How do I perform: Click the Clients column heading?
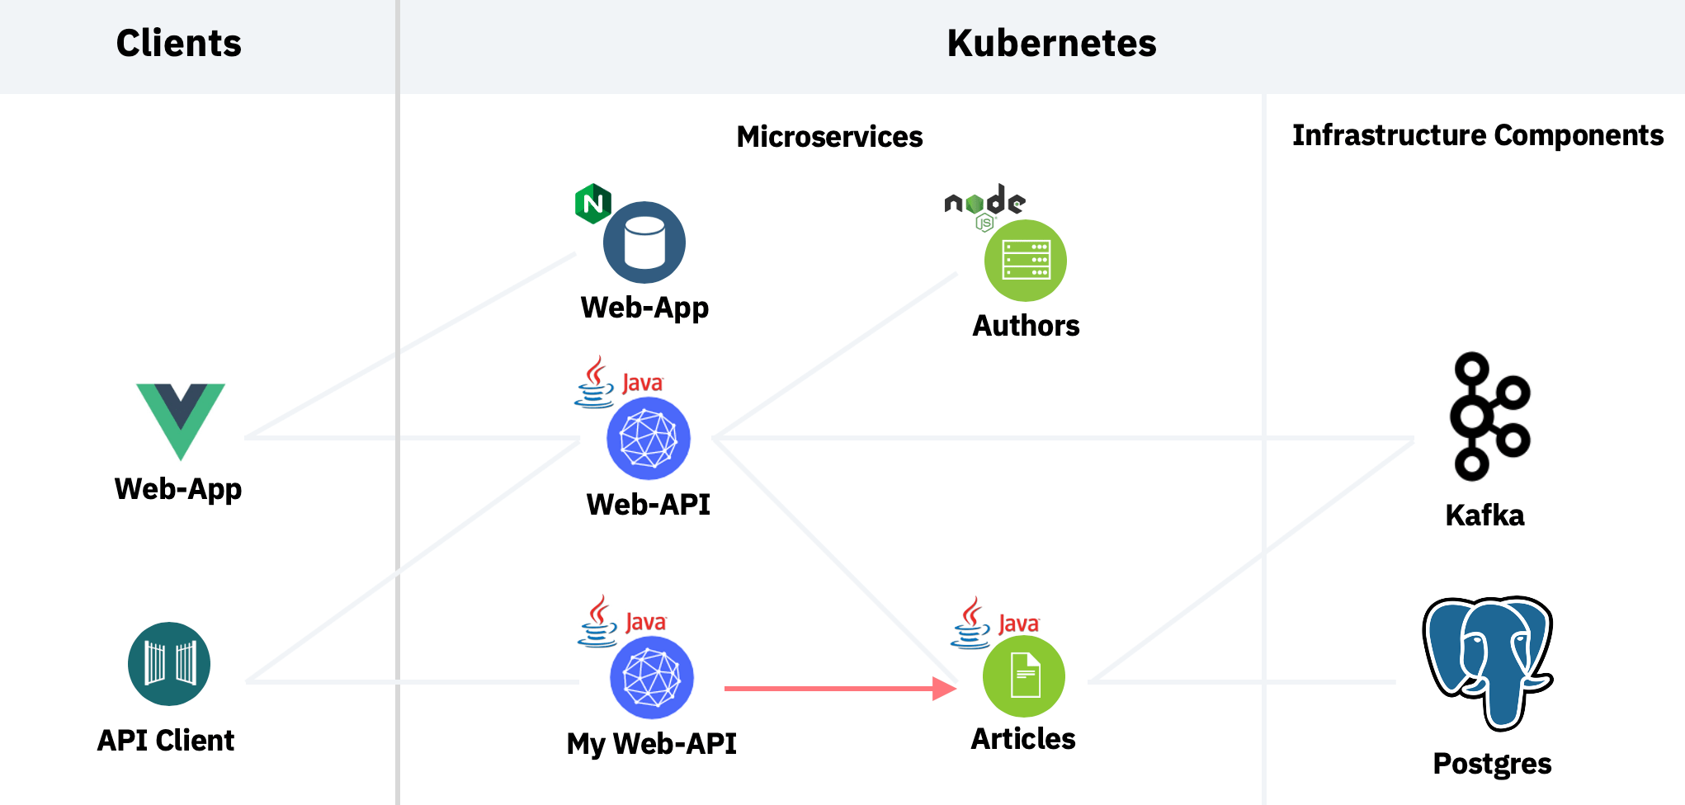[x=178, y=43]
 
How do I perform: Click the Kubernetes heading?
[x=1051, y=43]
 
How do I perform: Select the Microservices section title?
[x=829, y=136]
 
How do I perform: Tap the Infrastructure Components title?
[x=1477, y=134]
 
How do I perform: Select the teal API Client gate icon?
[x=169, y=664]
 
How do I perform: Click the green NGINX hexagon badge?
[x=592, y=204]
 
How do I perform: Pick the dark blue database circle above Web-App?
[x=644, y=242]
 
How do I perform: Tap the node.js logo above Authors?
[x=984, y=205]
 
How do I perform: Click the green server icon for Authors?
[x=1026, y=261]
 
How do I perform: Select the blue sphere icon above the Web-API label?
[x=649, y=439]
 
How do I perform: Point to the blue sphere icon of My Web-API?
[x=652, y=678]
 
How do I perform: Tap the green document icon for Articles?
[x=1024, y=676]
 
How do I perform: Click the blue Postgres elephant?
[x=1489, y=660]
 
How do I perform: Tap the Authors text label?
[x=1026, y=326]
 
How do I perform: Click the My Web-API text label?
[x=651, y=743]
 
